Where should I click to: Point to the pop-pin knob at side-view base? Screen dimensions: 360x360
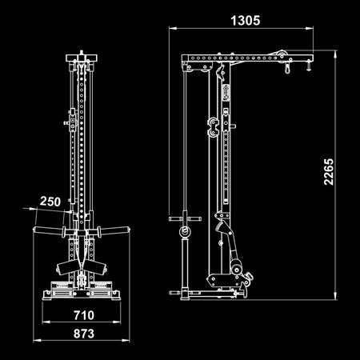pos(250,282)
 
